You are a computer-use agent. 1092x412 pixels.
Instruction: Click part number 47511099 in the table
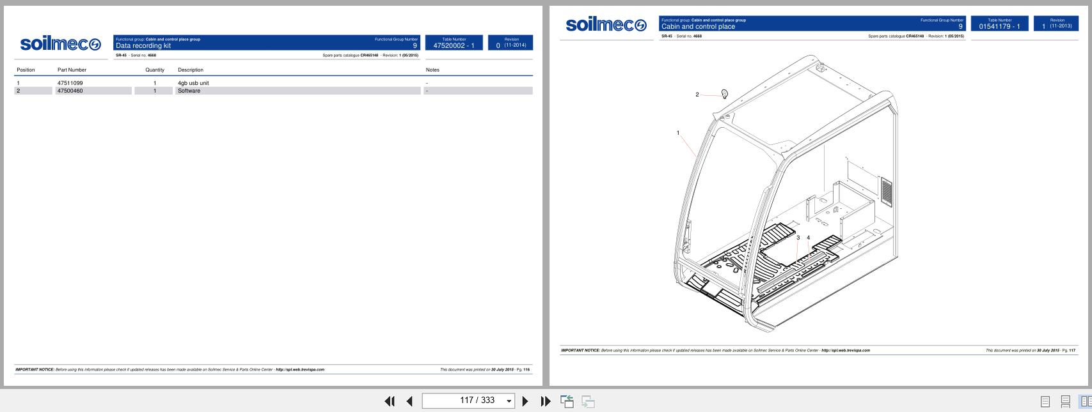tap(70, 83)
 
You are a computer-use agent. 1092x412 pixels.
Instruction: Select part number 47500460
tap(70, 91)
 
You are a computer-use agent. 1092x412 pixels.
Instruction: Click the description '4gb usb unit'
tap(193, 83)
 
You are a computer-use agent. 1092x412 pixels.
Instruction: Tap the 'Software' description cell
tap(189, 91)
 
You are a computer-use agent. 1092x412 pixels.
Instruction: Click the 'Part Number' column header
tap(72, 70)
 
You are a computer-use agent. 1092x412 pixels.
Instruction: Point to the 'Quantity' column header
tap(155, 70)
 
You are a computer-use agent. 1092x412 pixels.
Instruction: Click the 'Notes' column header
tap(432, 70)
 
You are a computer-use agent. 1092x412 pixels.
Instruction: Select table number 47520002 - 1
tap(454, 45)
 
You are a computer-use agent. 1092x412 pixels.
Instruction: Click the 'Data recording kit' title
tap(143, 45)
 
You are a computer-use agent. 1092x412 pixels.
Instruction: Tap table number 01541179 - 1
tap(999, 26)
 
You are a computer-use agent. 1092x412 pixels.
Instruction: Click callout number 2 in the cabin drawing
tap(697, 95)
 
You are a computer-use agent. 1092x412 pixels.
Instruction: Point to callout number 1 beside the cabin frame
tap(678, 133)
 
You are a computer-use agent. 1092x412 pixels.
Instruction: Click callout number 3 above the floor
tap(798, 238)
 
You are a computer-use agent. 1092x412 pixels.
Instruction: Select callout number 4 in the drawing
tap(809, 238)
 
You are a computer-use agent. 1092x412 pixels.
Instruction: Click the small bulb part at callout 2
tap(724, 95)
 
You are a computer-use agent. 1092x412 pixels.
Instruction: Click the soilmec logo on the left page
tap(61, 44)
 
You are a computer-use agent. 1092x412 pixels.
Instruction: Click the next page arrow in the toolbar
tap(525, 401)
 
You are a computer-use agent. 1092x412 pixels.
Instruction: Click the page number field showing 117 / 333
tap(468, 401)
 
